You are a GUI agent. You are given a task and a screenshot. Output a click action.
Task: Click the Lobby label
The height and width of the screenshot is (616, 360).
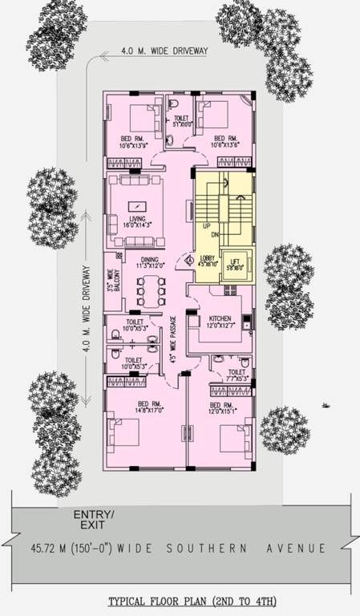(207, 261)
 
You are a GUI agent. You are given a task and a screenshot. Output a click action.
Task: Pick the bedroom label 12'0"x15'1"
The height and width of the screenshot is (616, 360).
(222, 408)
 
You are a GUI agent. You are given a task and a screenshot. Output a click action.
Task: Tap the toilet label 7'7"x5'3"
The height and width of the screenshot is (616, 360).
(237, 376)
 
